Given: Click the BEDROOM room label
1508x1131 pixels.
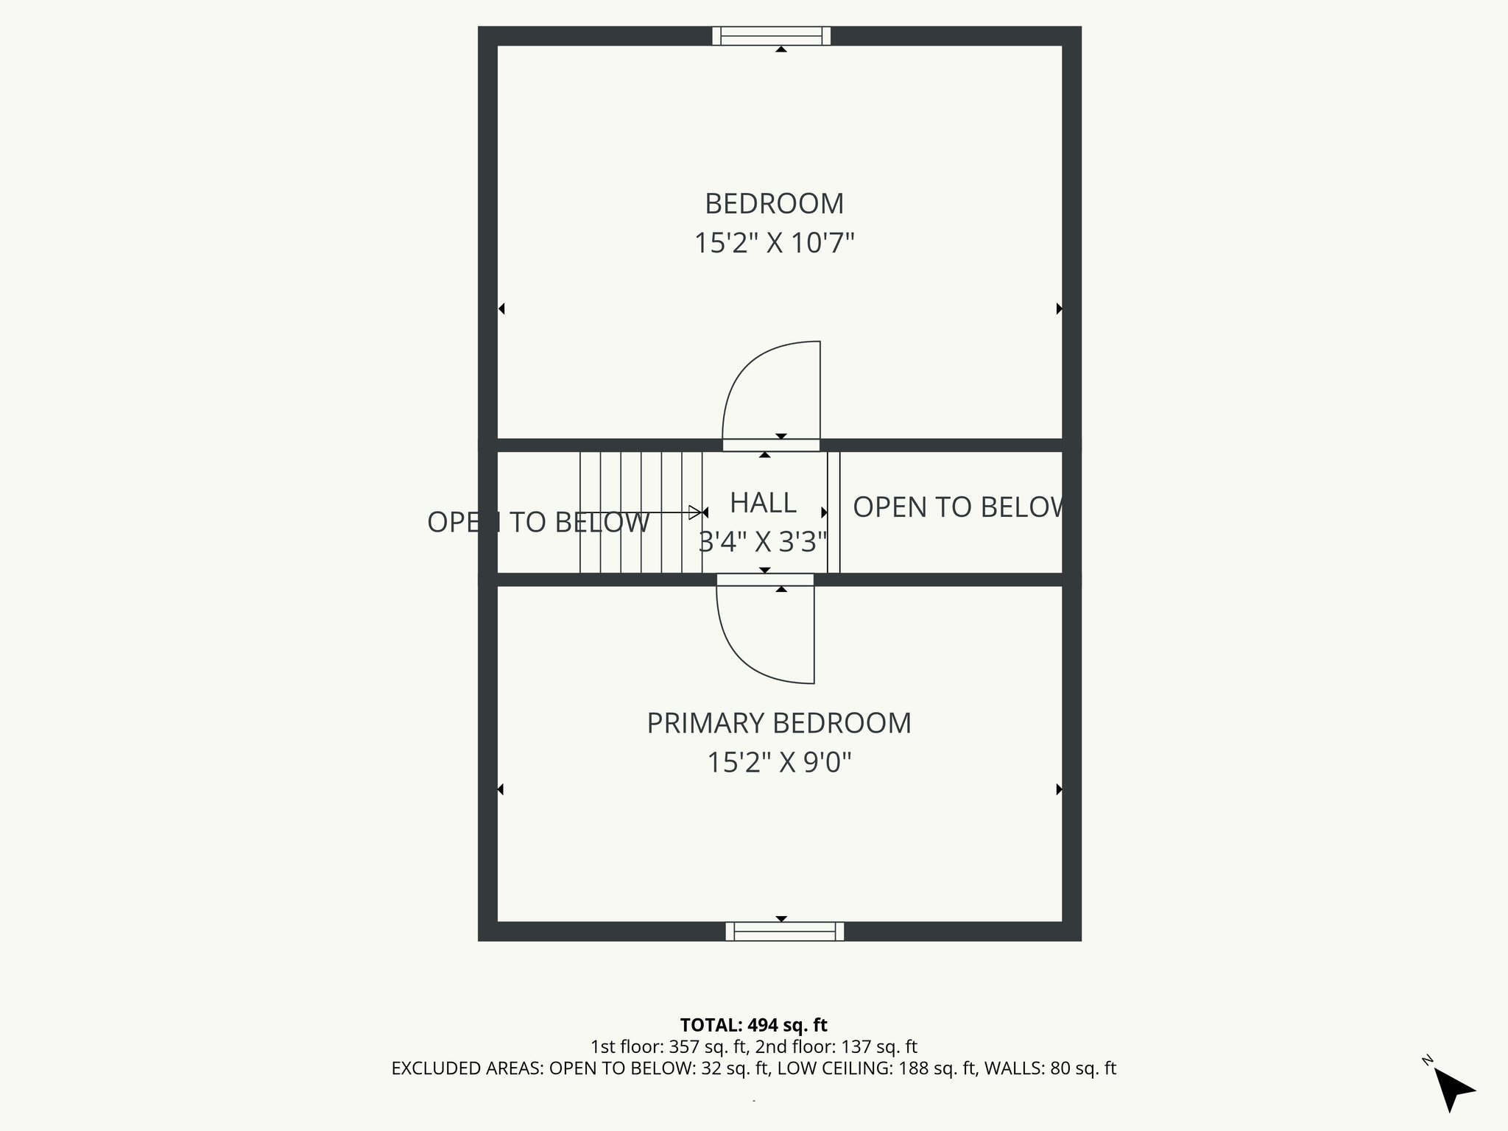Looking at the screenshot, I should pyautogui.click(x=774, y=204).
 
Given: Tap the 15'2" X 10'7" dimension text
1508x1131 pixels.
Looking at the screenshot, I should pyautogui.click(x=774, y=243).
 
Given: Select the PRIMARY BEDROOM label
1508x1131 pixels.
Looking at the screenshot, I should pyautogui.click(x=778, y=723).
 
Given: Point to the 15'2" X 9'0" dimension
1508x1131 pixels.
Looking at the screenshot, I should pyautogui.click(x=778, y=762).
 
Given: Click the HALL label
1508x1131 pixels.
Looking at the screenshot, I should pyautogui.click(x=763, y=503).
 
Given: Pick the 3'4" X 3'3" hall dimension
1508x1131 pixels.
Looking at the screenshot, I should pyautogui.click(x=763, y=542).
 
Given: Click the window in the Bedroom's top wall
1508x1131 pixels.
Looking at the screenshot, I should pyautogui.click(x=771, y=35).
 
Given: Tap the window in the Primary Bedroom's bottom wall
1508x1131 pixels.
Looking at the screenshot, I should pyautogui.click(x=784, y=931).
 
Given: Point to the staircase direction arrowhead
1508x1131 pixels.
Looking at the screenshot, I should pyautogui.click(x=694, y=512).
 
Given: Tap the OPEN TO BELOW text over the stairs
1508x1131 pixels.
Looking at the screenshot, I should pyautogui.click(x=538, y=522).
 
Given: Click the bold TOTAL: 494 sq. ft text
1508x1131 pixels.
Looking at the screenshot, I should pyautogui.click(x=753, y=1025).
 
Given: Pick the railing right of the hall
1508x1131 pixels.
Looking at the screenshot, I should pyautogui.click(x=834, y=512).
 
